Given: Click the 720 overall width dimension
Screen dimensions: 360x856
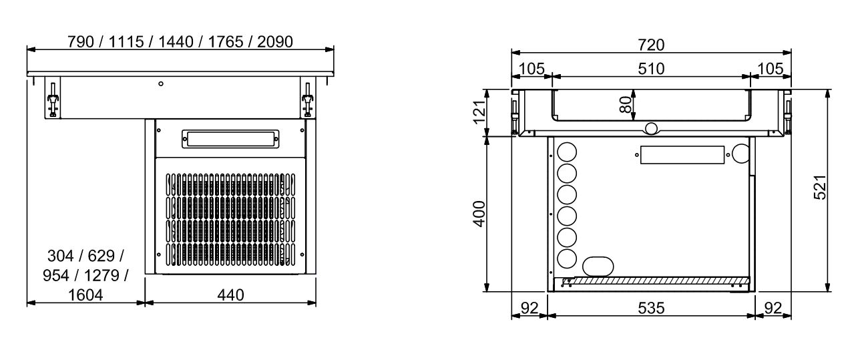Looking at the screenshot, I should (651, 45).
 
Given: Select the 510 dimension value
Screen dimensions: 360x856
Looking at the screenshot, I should (651, 69).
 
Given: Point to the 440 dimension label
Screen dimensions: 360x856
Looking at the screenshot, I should (230, 295).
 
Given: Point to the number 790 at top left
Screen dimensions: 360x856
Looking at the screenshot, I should (80, 41).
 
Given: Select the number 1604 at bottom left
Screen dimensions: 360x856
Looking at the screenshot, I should (85, 295).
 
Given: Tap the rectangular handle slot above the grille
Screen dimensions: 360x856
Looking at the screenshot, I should (230, 139).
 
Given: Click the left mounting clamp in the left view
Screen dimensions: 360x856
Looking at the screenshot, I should (51, 99).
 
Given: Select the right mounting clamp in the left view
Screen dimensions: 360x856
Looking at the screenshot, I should (307, 99).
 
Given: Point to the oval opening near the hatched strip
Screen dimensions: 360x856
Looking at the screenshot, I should (598, 266).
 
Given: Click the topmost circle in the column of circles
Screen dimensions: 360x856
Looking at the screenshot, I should (567, 150).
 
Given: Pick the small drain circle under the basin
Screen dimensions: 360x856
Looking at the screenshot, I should (651, 128).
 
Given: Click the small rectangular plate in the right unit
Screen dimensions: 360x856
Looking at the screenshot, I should (681, 155).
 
